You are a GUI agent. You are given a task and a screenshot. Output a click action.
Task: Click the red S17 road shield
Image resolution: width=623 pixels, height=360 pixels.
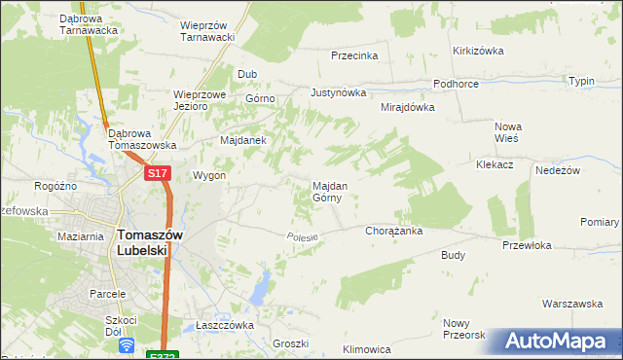(159, 173)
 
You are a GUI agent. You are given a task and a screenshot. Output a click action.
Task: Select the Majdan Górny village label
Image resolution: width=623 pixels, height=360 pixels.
(326, 191)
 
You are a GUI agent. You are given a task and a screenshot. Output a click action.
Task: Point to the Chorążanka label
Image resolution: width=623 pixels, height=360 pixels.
(392, 232)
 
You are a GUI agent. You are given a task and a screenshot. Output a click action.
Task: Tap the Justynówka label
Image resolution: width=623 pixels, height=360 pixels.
(338, 93)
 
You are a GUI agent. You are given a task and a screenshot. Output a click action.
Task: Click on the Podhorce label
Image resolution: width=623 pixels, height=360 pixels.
(456, 84)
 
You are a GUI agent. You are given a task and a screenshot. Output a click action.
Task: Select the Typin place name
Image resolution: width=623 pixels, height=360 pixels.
(581, 81)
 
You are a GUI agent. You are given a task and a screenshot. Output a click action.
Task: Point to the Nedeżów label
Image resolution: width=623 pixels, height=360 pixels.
(558, 170)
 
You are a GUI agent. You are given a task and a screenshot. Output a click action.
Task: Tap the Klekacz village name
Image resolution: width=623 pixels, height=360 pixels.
(495, 165)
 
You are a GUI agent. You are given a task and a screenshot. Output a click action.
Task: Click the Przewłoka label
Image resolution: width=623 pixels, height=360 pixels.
(527, 246)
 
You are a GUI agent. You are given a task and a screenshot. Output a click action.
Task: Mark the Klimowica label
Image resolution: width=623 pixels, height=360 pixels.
(367, 349)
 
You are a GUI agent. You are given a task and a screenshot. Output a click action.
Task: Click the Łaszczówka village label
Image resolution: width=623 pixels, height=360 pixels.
(224, 325)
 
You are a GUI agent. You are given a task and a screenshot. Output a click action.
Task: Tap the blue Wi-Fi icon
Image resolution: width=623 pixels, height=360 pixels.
(126, 345)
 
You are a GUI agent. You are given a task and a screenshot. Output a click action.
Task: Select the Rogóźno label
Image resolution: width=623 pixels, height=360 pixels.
(55, 187)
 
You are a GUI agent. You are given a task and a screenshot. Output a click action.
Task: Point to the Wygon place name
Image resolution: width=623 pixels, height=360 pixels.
(209, 176)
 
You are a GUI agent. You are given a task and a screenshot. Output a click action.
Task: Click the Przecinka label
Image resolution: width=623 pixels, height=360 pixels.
(353, 55)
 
